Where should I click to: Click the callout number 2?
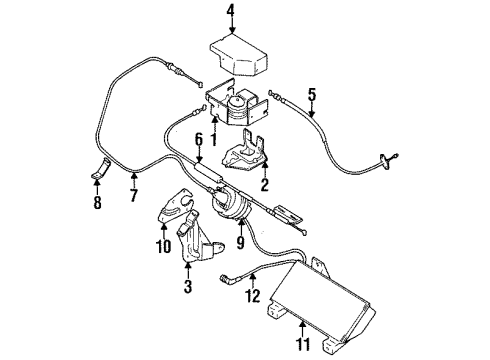point(264,185)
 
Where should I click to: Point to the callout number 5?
point(312,96)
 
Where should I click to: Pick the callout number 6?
point(198,139)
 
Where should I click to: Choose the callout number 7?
point(133,196)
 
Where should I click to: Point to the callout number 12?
point(253,295)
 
